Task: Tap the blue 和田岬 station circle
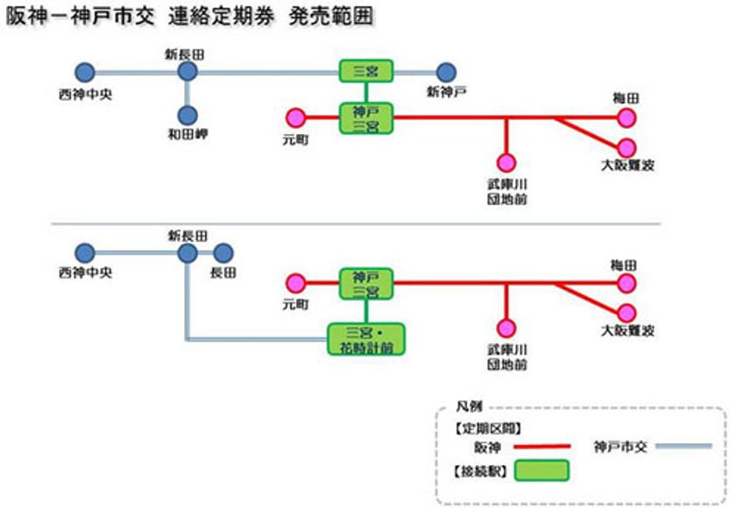pyautogui.click(x=188, y=116)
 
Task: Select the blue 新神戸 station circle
pyautogui.click(x=446, y=72)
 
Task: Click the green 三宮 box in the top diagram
pyautogui.click(x=366, y=71)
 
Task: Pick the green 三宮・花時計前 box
pyautogui.click(x=367, y=339)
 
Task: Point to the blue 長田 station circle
pyautogui.click(x=223, y=254)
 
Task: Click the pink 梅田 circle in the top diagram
pyautogui.click(x=626, y=117)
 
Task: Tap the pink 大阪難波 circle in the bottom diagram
pyautogui.click(x=626, y=312)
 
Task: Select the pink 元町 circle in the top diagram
pyautogui.click(x=295, y=117)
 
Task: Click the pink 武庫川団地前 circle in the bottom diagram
pyautogui.click(x=506, y=328)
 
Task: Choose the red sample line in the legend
pyautogui.click(x=541, y=446)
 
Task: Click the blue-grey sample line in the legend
pyautogui.click(x=683, y=446)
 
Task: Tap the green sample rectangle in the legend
pyautogui.click(x=541, y=471)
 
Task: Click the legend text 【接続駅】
pyautogui.click(x=478, y=471)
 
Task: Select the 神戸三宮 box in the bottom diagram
pyautogui.click(x=366, y=283)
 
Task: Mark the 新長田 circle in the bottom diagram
pyautogui.click(x=188, y=254)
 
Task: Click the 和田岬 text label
pyautogui.click(x=186, y=135)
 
